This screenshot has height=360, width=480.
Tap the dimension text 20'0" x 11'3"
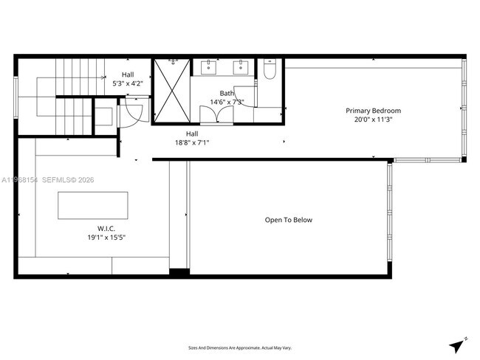coord(374,120)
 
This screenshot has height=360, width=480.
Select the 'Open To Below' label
coord(289,220)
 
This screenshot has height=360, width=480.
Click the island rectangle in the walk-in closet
coord(93,205)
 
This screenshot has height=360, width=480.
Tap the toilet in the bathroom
coord(269,70)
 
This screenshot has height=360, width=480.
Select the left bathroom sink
coord(208,69)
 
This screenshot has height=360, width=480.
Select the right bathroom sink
coord(241,69)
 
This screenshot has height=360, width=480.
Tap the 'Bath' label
coord(227,94)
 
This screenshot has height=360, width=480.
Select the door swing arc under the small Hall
coord(132,113)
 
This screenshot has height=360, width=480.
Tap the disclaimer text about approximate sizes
coord(240,347)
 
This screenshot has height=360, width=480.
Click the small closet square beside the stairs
coord(104,115)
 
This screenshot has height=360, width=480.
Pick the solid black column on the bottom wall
coord(179,273)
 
